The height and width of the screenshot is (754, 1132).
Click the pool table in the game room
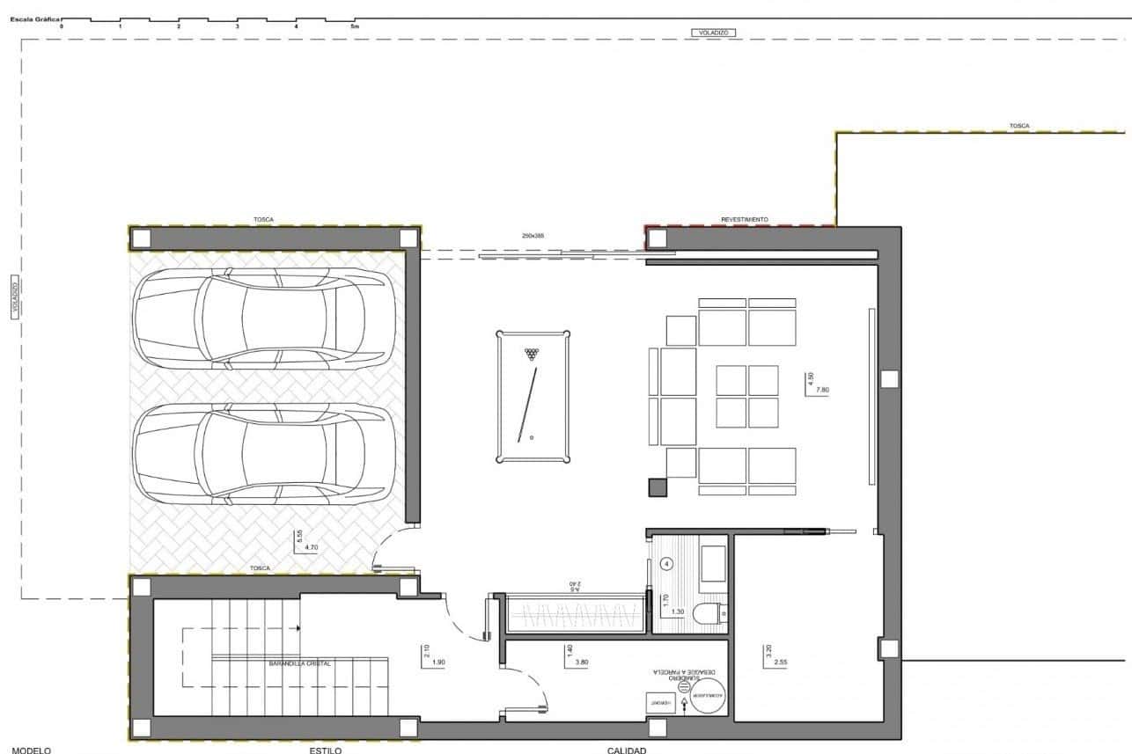point(533,396)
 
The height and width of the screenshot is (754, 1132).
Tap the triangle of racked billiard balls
point(531,354)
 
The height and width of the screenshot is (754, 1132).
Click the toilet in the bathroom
point(708,613)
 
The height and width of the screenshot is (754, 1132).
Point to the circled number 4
point(666,564)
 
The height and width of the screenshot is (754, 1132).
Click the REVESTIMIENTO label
point(745,219)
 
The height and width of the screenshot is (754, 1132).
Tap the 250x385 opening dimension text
point(534,236)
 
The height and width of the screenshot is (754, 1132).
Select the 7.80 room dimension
point(823,389)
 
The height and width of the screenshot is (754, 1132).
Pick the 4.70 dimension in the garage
point(310,547)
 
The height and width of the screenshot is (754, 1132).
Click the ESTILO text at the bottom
point(325,750)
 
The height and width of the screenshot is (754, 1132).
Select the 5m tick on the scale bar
point(355,26)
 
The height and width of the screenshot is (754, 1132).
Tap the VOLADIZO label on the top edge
point(712,33)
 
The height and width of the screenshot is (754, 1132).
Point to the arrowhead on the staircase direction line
point(299,628)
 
